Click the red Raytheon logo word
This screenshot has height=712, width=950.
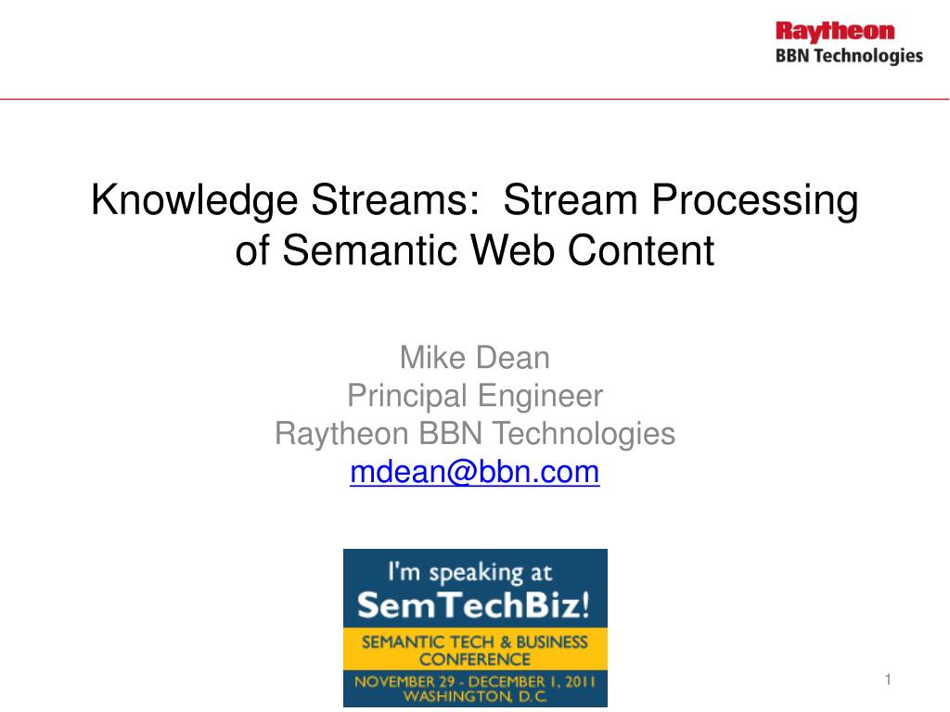[835, 32]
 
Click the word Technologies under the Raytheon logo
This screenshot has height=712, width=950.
[868, 57]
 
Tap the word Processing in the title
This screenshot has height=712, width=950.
[755, 200]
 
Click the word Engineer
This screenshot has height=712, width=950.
[541, 396]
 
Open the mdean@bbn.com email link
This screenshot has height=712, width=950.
[475, 472]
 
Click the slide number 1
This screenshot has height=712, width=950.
[888, 680]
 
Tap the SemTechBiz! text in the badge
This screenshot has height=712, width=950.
[474, 604]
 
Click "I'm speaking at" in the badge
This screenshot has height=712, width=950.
[470, 572]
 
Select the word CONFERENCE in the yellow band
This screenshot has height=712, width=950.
[475, 659]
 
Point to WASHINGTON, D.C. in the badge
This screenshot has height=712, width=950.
[475, 696]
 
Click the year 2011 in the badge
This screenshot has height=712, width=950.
[580, 681]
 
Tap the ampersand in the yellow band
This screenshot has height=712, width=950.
[506, 642]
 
